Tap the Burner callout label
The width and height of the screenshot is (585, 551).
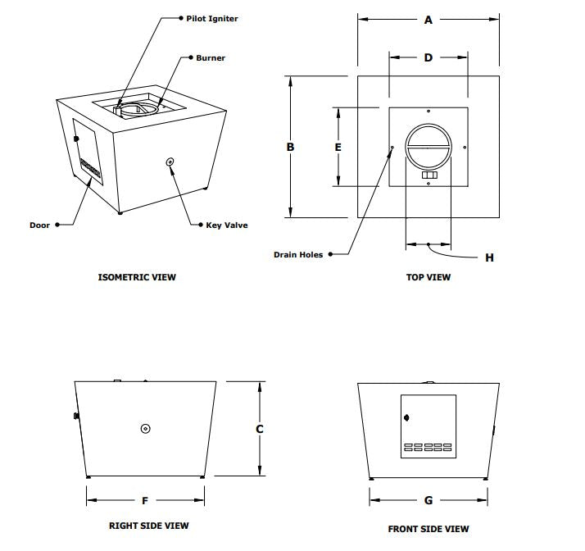[x=211, y=58]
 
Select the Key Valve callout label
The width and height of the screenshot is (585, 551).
[x=227, y=225]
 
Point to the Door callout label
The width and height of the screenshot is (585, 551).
[x=40, y=225]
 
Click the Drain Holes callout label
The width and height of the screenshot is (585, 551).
[x=298, y=255]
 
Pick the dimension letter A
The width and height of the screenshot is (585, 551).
[x=428, y=20]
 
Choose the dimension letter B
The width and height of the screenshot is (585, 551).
[x=290, y=147]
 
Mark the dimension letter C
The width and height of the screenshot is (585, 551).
[x=260, y=429]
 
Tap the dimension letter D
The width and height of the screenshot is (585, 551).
[x=428, y=57]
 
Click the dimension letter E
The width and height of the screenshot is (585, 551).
[x=338, y=147]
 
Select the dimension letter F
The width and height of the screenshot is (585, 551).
[x=145, y=500]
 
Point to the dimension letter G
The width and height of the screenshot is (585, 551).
[x=429, y=500]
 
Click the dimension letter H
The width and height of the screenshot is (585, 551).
[x=489, y=258]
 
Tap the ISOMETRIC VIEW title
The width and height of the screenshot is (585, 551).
[x=137, y=277]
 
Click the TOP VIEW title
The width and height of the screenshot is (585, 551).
[x=429, y=277]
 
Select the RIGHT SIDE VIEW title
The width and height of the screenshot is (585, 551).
[x=149, y=526]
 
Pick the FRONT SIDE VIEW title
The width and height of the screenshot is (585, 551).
[x=429, y=529]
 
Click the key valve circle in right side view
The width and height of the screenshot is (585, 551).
[x=145, y=428]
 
